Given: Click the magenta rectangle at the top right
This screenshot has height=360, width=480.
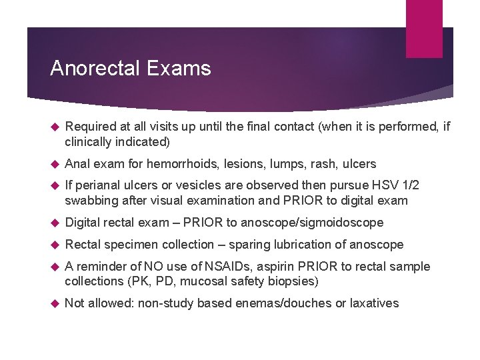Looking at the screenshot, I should [424, 29].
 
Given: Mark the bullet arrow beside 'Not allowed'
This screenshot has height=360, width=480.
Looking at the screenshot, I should [56, 303].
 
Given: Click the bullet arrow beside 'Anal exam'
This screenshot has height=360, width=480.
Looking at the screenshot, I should [56, 163].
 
